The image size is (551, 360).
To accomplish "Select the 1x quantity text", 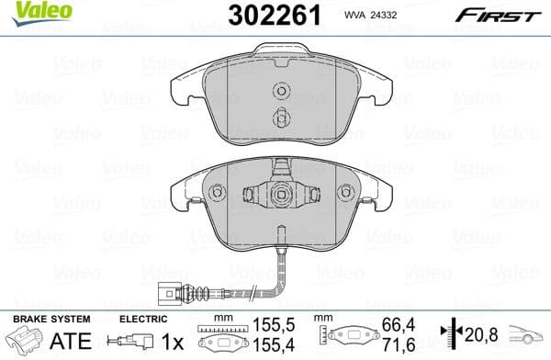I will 174,340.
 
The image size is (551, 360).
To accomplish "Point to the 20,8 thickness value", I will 481,332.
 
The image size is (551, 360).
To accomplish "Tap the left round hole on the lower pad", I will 218,193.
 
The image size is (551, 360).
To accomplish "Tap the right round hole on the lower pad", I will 346,193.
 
